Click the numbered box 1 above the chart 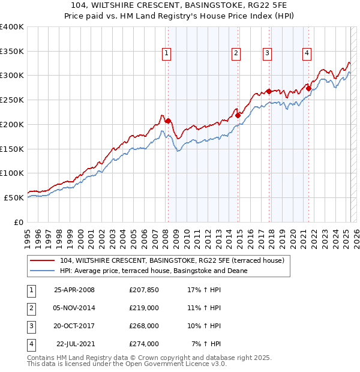(x=166, y=53)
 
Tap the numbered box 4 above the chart (x=307, y=53)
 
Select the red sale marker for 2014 (x=238, y=115)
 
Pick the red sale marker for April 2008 (x=168, y=121)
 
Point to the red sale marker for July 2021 (x=308, y=88)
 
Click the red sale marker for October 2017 (x=269, y=91)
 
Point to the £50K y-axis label (x=14, y=197)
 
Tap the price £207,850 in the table (x=144, y=290)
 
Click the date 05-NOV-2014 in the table (x=74, y=307)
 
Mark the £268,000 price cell (x=144, y=326)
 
